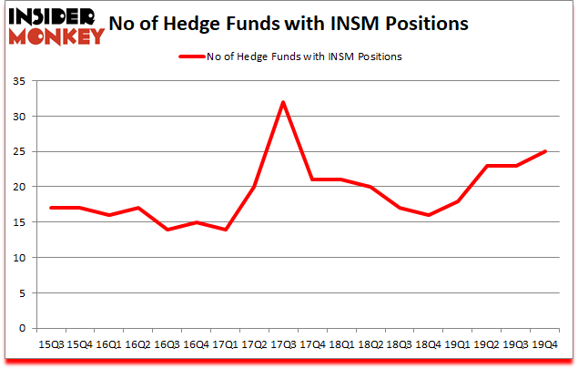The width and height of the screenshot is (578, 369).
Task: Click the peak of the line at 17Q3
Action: pos(284,102)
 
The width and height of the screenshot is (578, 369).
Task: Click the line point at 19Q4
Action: pos(544,151)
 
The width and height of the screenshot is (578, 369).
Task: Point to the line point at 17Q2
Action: pos(254,187)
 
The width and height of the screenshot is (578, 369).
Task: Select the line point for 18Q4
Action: pos(428,215)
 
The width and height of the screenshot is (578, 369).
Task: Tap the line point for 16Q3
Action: pos(167,230)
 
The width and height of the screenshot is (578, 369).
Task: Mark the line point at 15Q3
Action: pos(51,208)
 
